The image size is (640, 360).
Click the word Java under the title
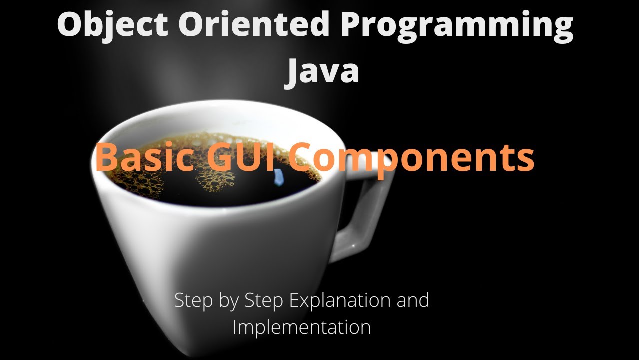322,71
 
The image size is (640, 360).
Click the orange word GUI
242,157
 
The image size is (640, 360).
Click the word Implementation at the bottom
302,327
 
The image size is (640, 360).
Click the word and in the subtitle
412,300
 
